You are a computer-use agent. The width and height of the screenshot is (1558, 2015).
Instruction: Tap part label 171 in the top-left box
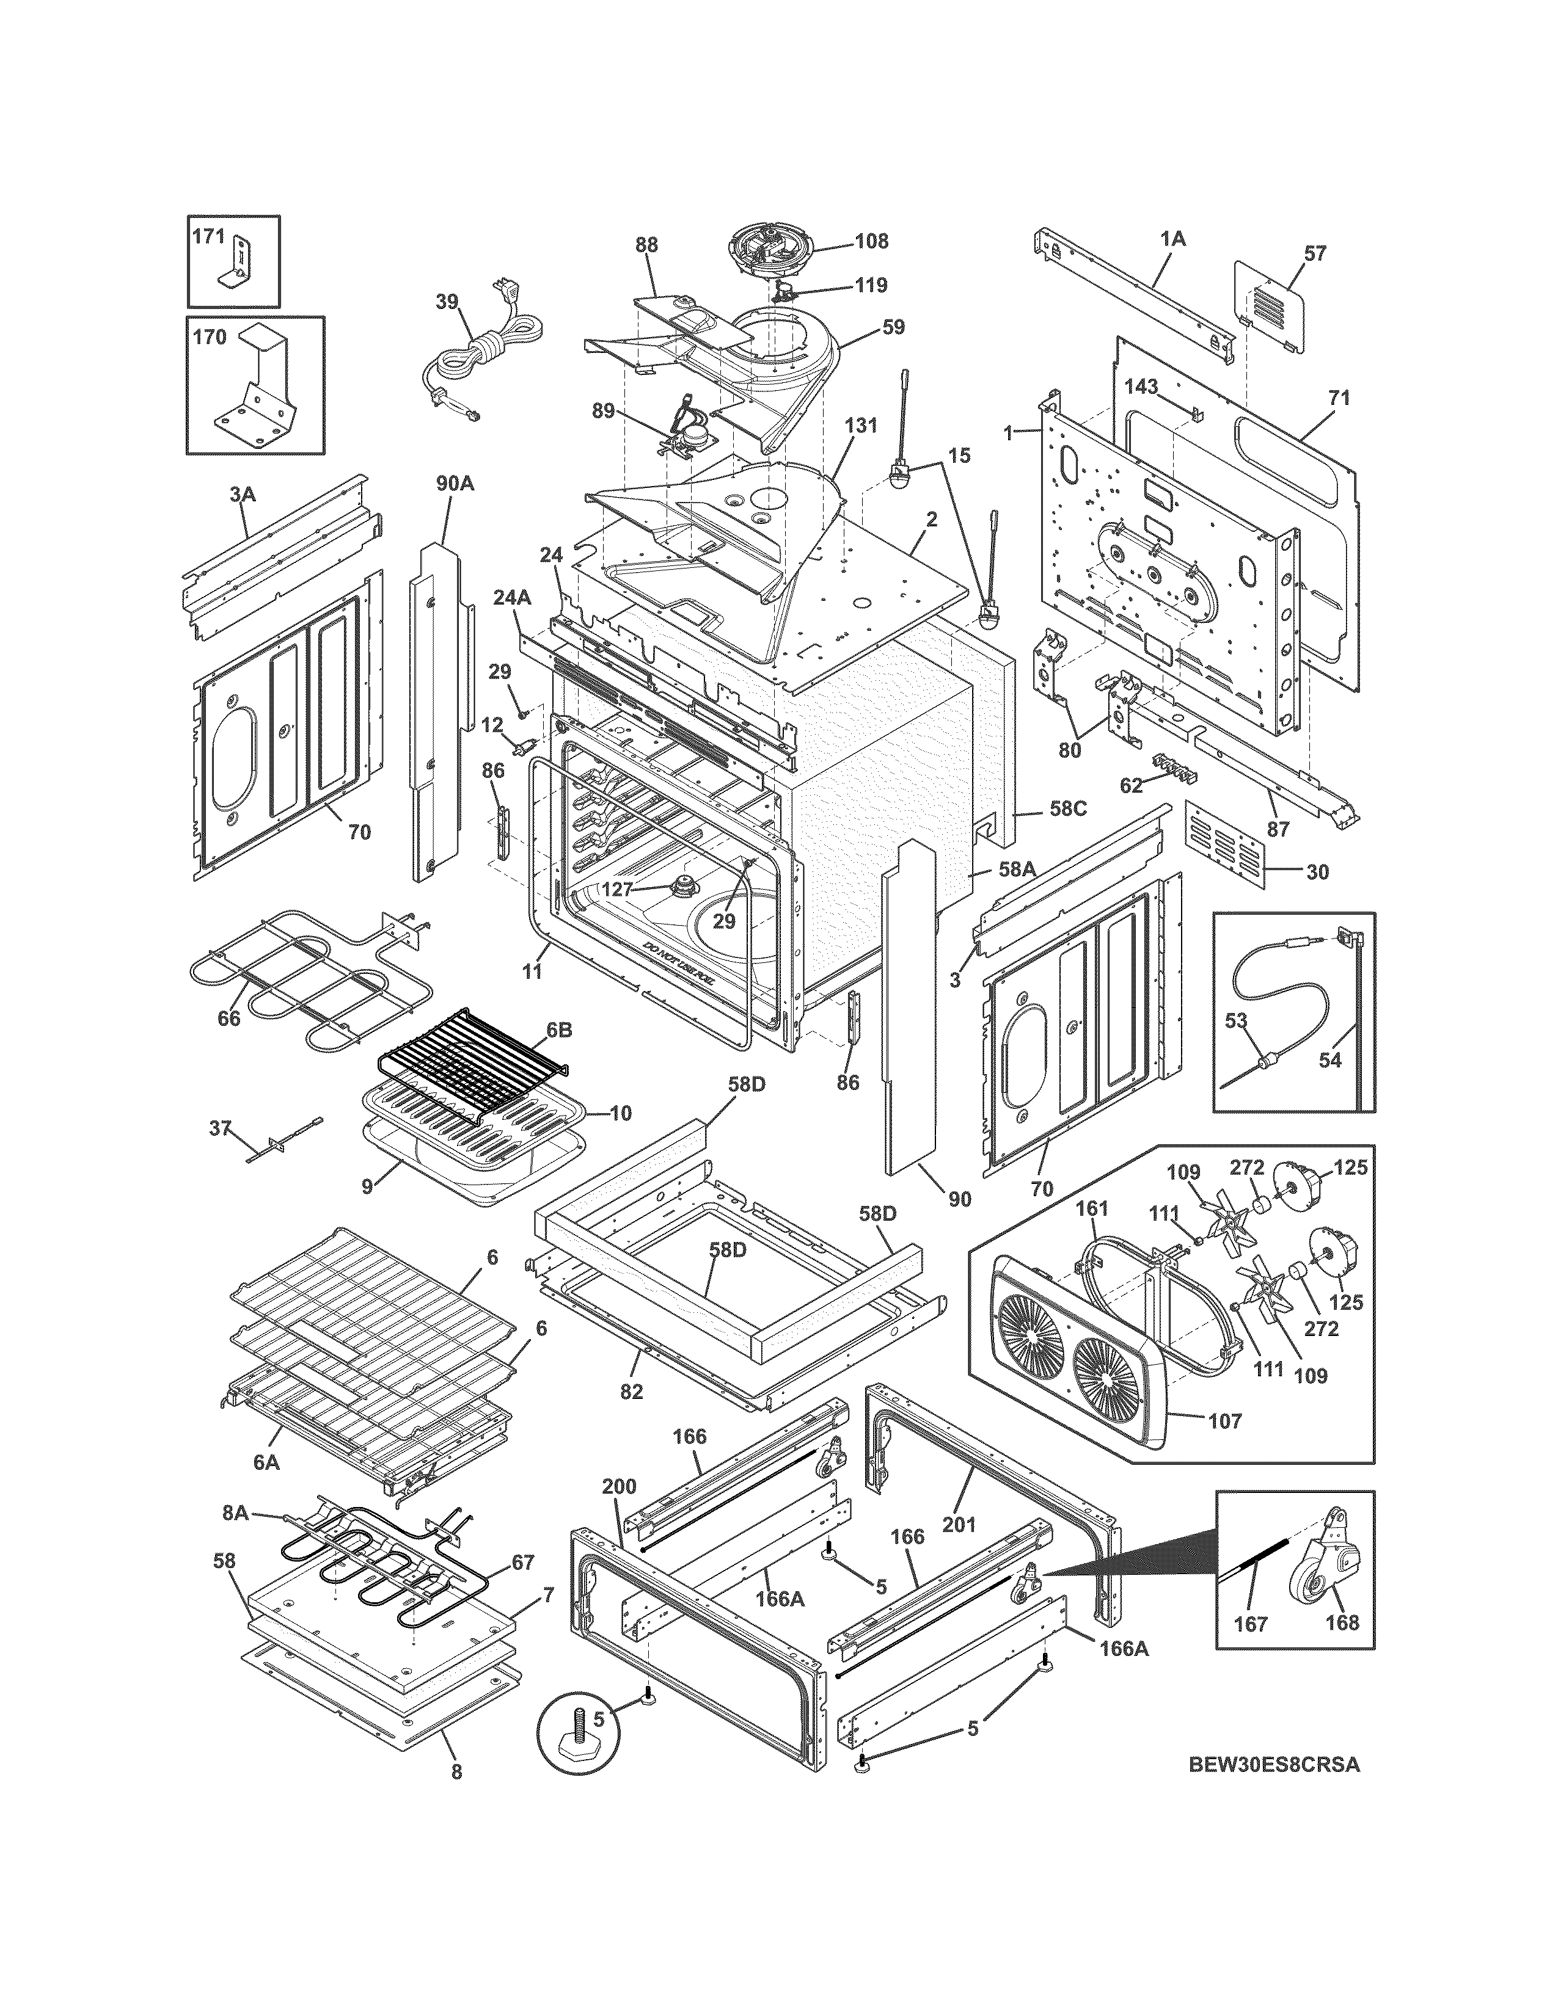(208, 237)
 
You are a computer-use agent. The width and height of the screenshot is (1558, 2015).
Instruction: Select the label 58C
(1068, 808)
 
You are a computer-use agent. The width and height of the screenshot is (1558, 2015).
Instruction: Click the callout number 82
(631, 1392)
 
